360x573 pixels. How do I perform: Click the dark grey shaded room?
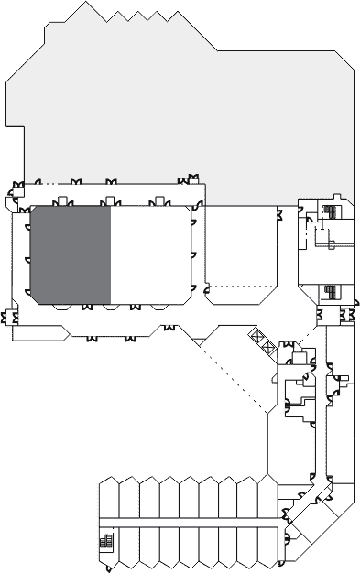(71, 254)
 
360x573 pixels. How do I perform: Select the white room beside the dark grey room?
(151, 254)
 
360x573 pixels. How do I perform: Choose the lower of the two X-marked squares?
(267, 346)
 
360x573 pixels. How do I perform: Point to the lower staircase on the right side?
(331, 293)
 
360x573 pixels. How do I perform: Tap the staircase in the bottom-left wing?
(104, 542)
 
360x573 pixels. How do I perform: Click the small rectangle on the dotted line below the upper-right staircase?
(332, 244)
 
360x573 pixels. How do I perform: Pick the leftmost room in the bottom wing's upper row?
(108, 499)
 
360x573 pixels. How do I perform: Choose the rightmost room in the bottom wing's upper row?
(267, 499)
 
